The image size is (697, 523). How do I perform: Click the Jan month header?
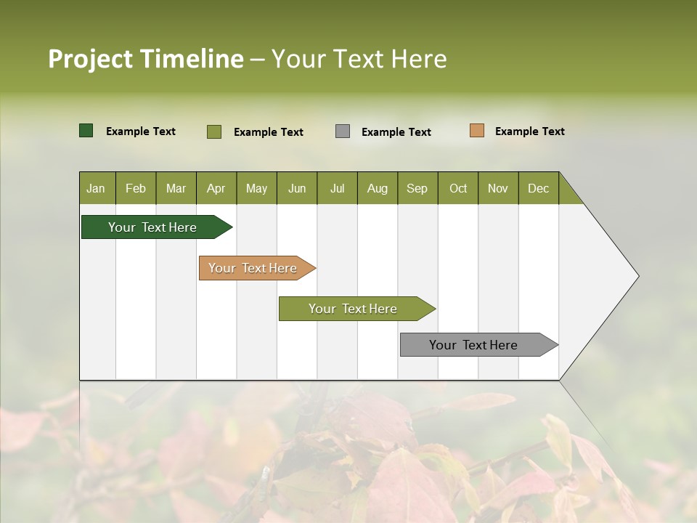coord(96,188)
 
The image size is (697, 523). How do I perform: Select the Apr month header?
coord(216,188)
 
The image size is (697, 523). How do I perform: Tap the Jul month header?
coord(337,188)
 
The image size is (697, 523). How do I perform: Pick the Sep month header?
coord(417,188)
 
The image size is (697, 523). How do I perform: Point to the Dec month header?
coord(538,188)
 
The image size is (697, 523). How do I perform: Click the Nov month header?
coord(497,188)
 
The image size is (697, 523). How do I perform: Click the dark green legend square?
coord(86,131)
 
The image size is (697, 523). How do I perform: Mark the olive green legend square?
coord(213,131)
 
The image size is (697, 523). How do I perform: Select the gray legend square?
coord(343,131)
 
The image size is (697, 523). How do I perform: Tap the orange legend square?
coord(476,131)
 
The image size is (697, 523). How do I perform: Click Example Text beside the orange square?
coord(529,131)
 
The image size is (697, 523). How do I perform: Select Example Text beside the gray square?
coord(396,131)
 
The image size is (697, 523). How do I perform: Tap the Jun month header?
coord(296,188)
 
